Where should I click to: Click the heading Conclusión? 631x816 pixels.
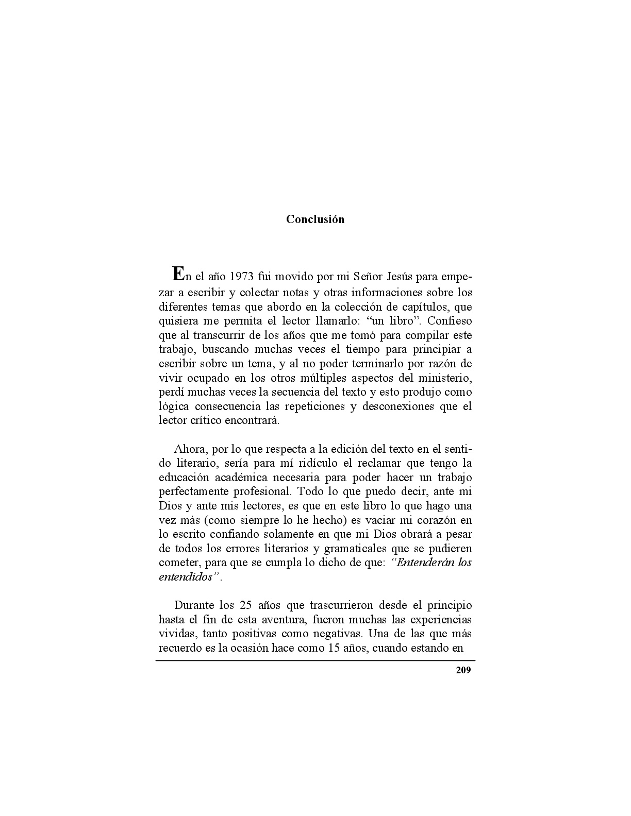(x=315, y=219)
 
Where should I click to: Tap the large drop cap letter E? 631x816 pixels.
(x=177, y=273)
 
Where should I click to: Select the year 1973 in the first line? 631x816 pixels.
(x=242, y=278)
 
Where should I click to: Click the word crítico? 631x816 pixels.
(x=204, y=420)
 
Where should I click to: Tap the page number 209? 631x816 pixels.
(x=463, y=670)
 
